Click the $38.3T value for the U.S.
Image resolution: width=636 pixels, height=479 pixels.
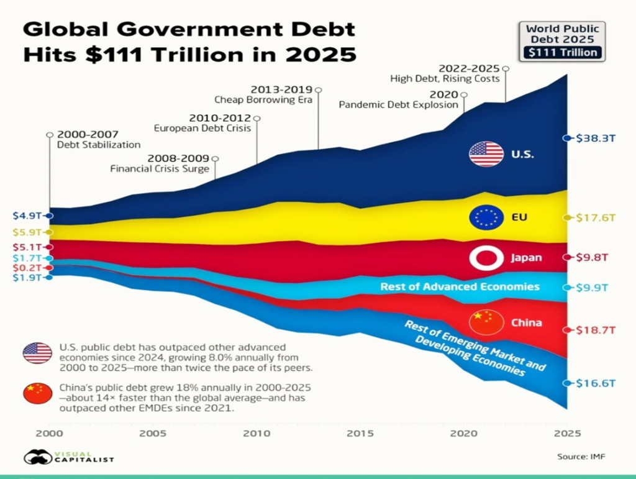tap(596, 139)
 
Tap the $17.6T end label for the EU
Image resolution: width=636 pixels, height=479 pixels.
tap(596, 217)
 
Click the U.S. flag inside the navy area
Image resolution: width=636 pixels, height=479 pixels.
tap(486, 153)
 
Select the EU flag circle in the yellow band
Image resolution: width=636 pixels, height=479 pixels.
tap(486, 217)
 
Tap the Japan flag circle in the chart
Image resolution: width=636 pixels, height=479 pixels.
tap(486, 257)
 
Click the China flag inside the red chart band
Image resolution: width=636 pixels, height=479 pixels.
tap(486, 322)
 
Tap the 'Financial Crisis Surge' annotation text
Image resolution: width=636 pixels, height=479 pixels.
tap(160, 168)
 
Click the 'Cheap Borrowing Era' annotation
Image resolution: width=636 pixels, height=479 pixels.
tap(263, 99)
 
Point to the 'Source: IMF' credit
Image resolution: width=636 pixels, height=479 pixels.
tap(581, 457)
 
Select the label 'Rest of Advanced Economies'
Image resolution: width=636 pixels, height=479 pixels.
tap(460, 287)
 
